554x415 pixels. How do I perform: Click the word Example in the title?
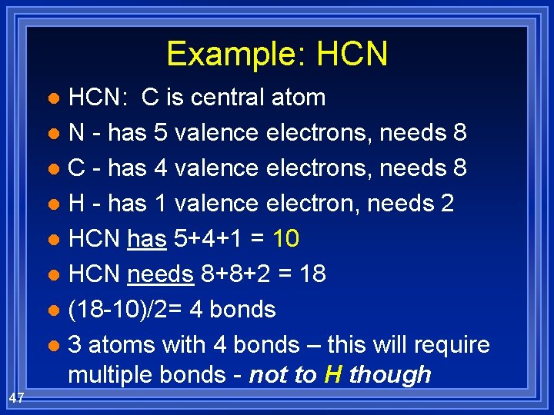click(x=218, y=54)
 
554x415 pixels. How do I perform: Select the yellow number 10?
click(x=285, y=239)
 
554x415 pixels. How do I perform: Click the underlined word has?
click(x=146, y=239)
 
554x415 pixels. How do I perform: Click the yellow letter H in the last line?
click(x=333, y=374)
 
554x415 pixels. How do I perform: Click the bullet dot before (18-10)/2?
click(x=52, y=311)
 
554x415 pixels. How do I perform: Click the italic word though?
click(x=390, y=374)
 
